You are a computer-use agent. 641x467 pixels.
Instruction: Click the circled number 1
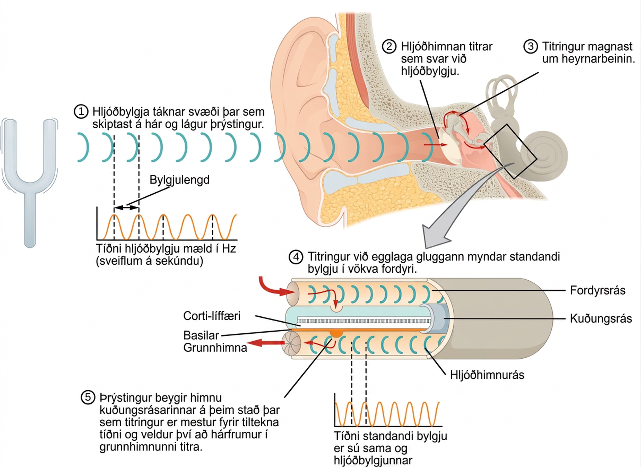point(81,112)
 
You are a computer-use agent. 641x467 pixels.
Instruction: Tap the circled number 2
point(389,47)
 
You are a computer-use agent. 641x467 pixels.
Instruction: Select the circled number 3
point(531,47)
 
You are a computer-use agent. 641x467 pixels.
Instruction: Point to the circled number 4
point(296,257)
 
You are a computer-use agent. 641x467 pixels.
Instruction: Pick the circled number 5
point(88,398)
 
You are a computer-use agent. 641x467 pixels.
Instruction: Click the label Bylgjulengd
point(180,180)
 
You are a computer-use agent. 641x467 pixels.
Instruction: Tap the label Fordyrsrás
point(598,290)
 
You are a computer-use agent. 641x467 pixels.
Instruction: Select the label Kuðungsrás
point(601,318)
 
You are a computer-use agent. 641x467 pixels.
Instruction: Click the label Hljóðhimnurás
point(487,375)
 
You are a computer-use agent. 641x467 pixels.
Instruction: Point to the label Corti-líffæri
point(212,316)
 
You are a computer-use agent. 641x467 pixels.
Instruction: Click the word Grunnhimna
point(215,348)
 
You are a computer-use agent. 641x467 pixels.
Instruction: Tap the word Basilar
point(201,335)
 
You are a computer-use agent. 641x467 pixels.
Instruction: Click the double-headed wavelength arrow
point(126,208)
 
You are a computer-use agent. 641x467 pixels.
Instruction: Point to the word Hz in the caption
point(229,249)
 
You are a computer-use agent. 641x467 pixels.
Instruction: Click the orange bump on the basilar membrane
point(336,333)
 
